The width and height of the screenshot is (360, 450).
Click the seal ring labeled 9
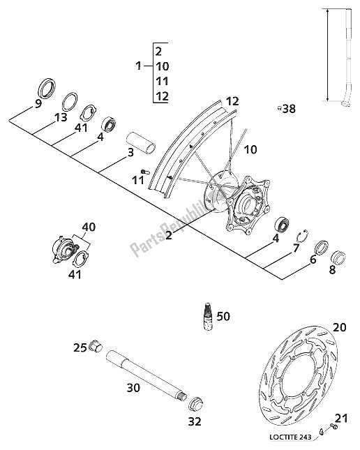(47, 87)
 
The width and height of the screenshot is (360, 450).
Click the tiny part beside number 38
(278, 108)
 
